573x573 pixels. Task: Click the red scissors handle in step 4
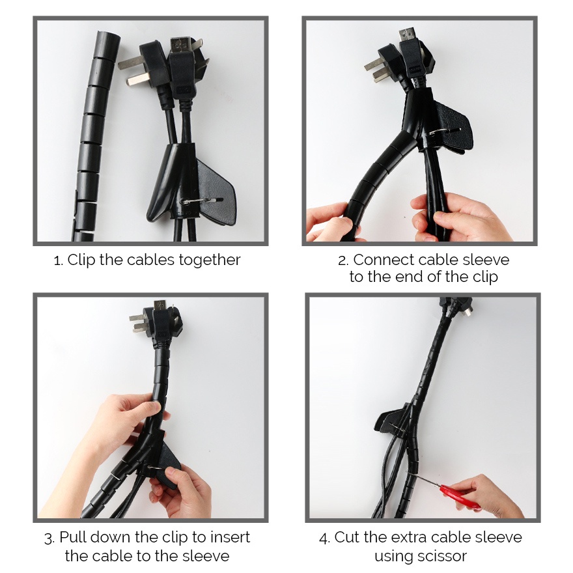(460, 497)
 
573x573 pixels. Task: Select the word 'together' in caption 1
(210, 260)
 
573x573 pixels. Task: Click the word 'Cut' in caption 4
(347, 538)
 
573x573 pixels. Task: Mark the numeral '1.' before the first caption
(59, 261)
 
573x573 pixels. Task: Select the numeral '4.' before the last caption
(324, 538)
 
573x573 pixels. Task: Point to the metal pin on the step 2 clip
(443, 131)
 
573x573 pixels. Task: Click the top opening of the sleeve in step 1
(108, 36)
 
